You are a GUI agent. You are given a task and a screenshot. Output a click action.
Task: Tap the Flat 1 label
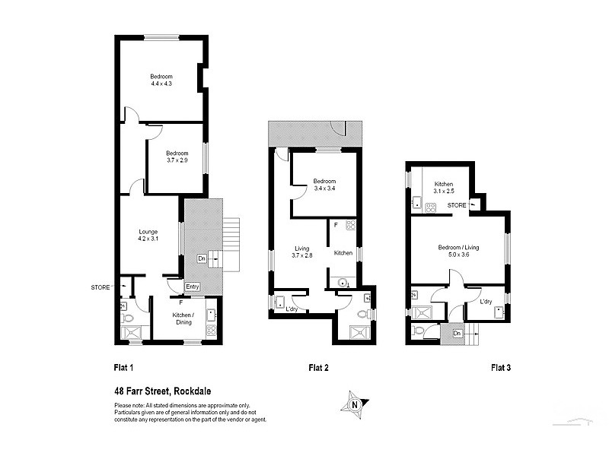pos(124,368)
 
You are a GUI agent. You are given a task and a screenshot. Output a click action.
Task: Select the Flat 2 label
pos(318,368)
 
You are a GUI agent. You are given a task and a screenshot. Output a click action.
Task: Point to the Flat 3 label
pos(500,368)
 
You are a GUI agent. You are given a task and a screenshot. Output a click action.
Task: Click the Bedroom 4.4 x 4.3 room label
pos(161,79)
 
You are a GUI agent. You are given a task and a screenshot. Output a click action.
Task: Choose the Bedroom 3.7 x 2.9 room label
pos(177,156)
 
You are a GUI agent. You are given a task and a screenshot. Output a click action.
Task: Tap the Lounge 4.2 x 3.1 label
pos(148,235)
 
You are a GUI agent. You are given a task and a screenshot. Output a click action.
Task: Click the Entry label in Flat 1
pos(193,286)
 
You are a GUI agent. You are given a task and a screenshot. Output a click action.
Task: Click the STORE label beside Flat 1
pos(100,287)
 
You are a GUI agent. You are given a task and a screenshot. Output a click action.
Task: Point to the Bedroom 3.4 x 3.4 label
pos(325,185)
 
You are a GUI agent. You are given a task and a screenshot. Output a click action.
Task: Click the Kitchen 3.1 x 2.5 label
pos(444,188)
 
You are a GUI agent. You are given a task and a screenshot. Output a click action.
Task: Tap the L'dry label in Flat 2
pos(291,309)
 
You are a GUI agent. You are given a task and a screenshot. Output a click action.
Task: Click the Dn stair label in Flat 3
pos(457,332)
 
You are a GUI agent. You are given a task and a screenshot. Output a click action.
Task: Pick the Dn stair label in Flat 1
pos(202,258)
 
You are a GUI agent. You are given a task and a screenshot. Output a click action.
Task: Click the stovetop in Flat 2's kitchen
pos(350,225)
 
